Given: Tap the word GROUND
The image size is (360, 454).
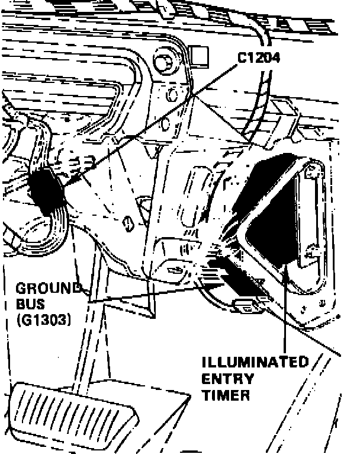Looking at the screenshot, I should tap(49, 289).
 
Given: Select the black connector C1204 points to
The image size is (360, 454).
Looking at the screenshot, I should tap(46, 191).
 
